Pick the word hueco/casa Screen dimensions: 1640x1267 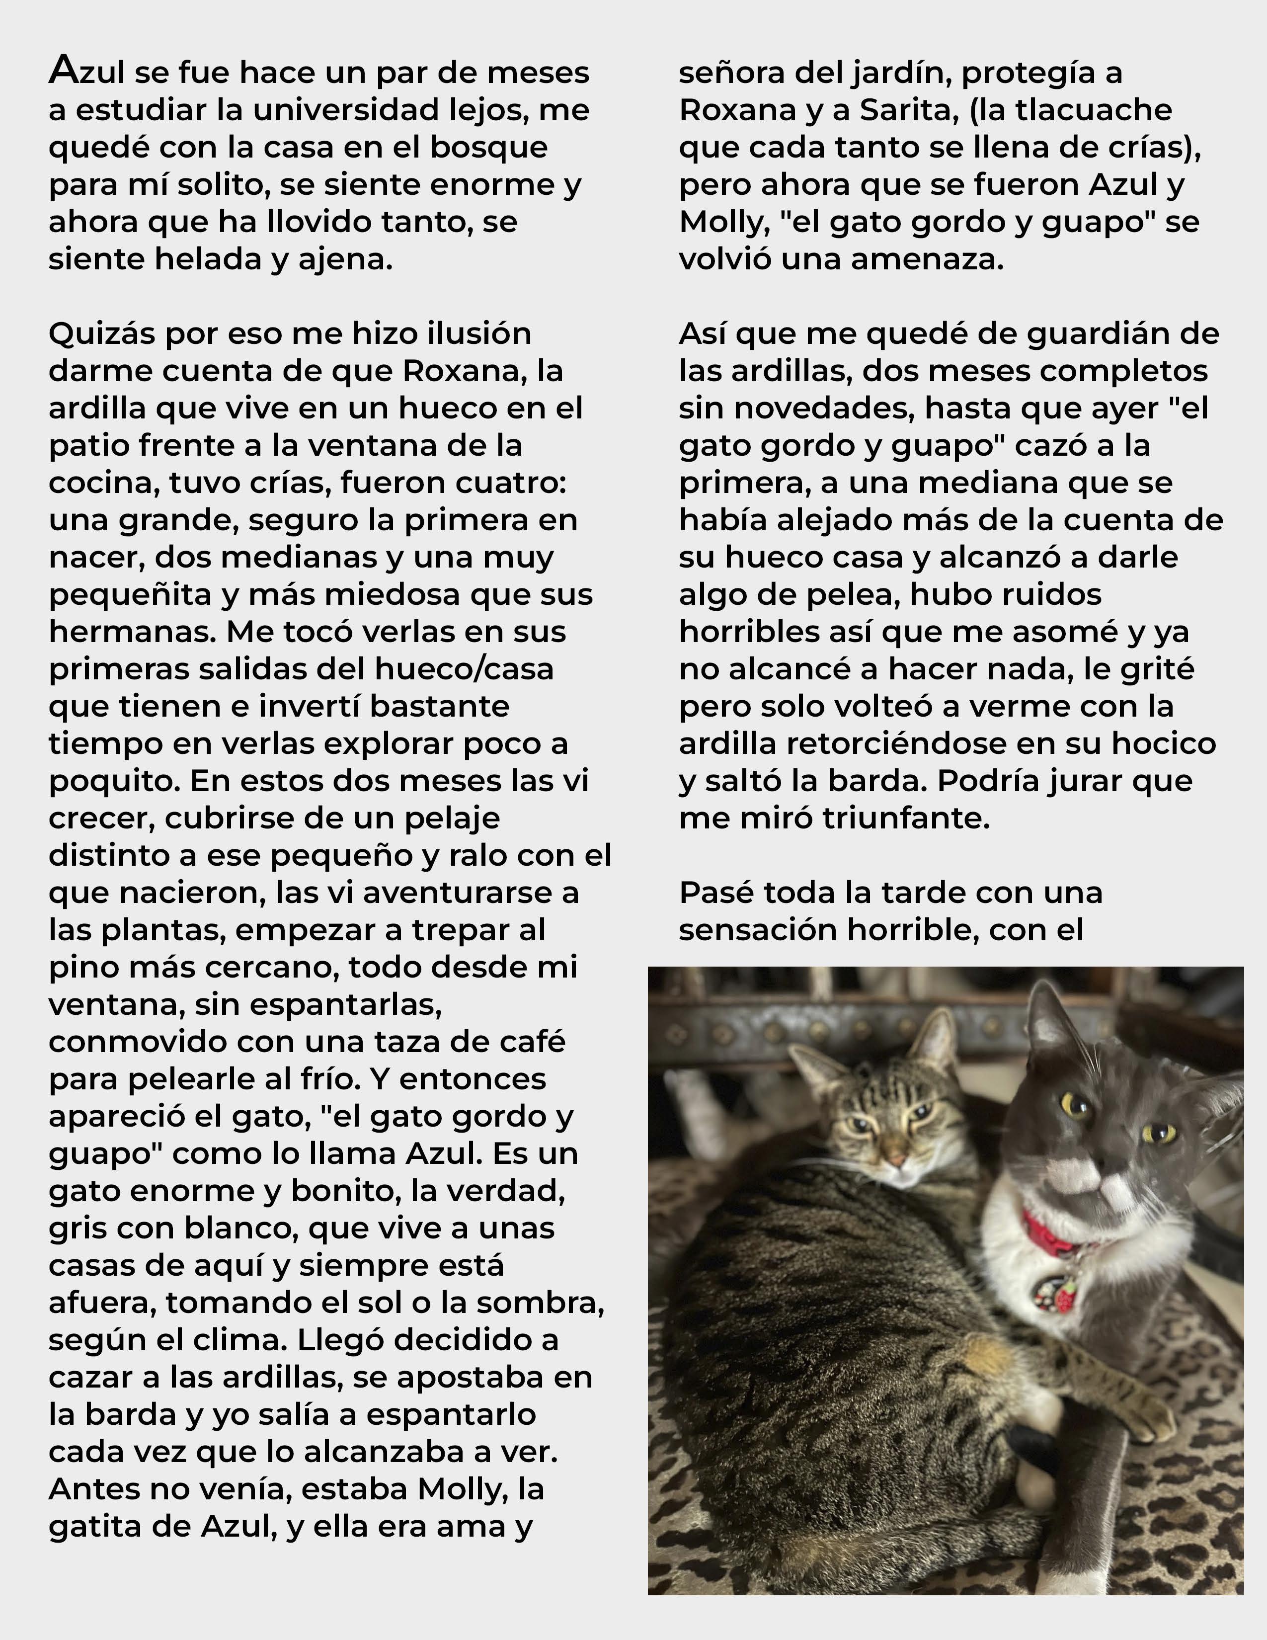[x=472, y=668]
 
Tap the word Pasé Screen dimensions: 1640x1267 [x=710, y=892]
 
